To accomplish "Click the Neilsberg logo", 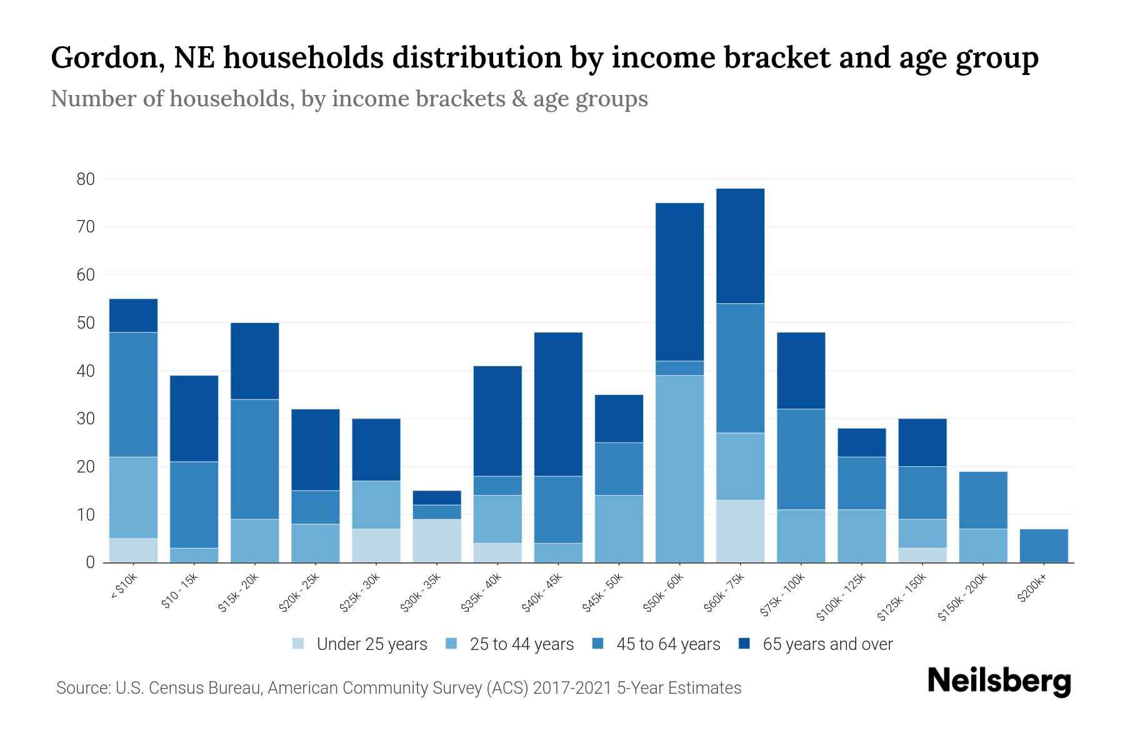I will pyautogui.click(x=999, y=682).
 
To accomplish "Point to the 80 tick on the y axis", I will pyautogui.click(x=86, y=179).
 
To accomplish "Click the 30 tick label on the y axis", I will pyautogui.click(x=86, y=419).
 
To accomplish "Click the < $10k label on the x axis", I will pyautogui.click(x=123, y=588).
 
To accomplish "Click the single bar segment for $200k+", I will pyautogui.click(x=1044, y=546).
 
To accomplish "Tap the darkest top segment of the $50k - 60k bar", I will pyautogui.click(x=679, y=282).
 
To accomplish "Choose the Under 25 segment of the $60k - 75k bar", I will pyautogui.click(x=740, y=531).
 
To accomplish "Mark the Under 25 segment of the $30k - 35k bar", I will pyautogui.click(x=437, y=541).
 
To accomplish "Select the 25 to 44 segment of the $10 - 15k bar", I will pyautogui.click(x=194, y=555).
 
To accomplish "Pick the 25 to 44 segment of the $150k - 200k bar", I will pyautogui.click(x=983, y=546).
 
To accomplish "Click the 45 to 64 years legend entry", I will pyautogui.click(x=667, y=644).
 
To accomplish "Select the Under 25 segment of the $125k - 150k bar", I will pyautogui.click(x=922, y=555).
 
